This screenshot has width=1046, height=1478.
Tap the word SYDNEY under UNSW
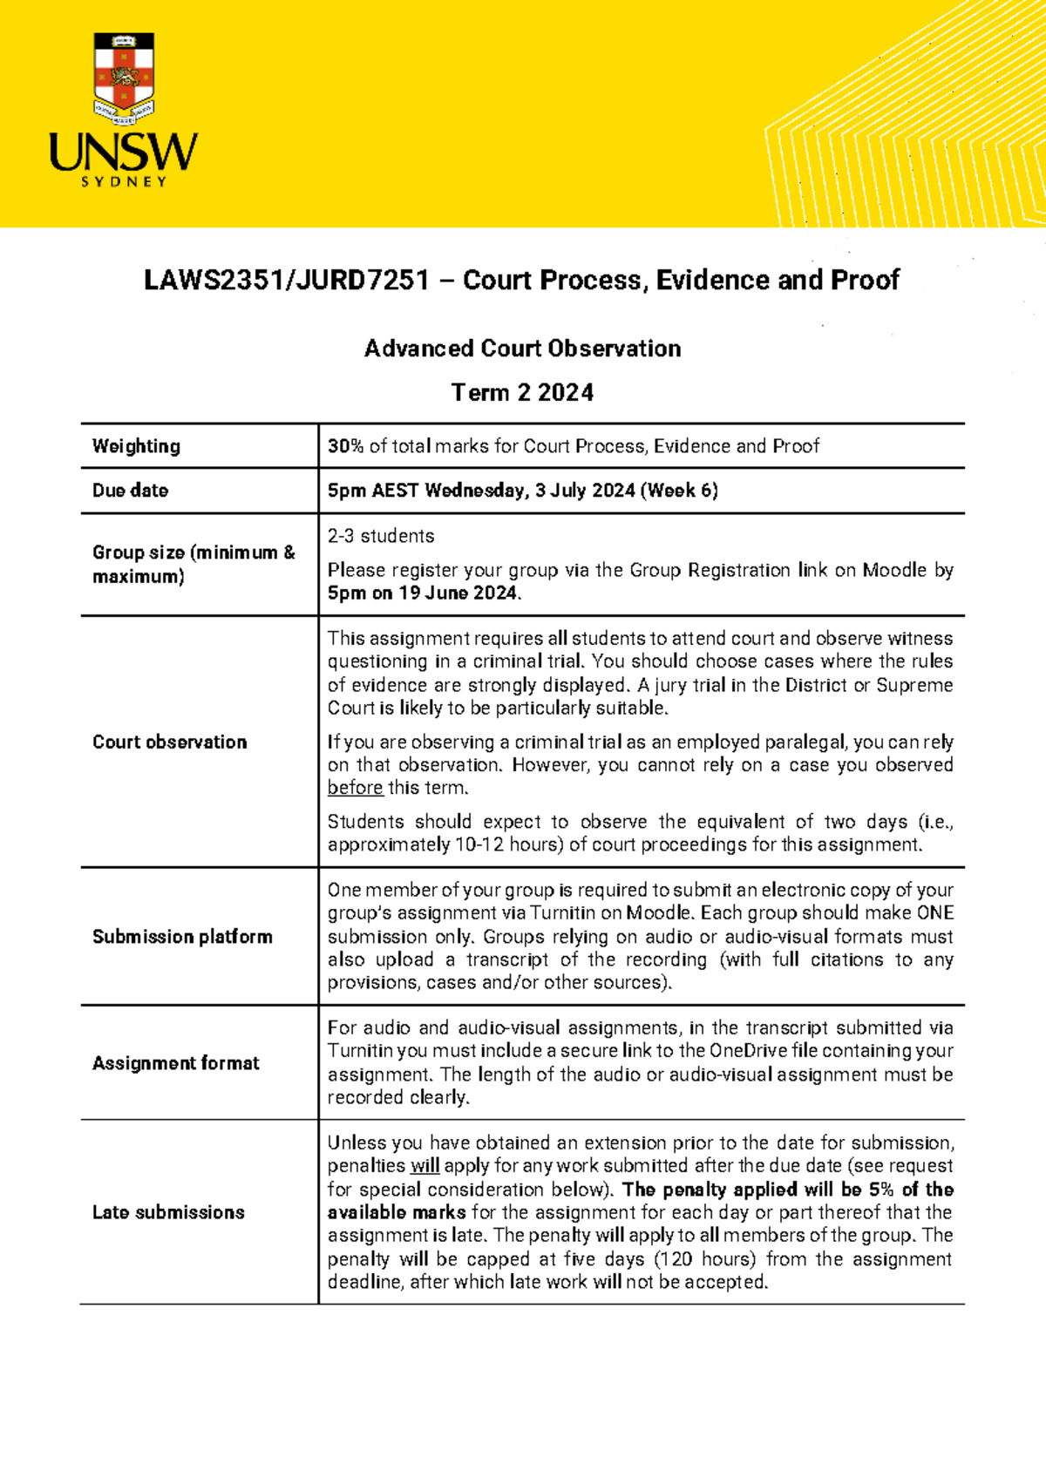124,182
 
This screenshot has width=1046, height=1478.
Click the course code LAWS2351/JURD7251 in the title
287,281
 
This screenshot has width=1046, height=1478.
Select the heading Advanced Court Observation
522,349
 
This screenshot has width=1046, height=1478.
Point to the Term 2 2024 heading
522,393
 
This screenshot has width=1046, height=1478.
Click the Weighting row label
136,446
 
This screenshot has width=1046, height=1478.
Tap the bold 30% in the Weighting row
345,446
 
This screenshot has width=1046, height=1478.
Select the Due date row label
130,491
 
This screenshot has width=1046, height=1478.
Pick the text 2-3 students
380,536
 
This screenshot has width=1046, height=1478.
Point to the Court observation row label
169,742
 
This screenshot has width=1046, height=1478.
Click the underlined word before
355,788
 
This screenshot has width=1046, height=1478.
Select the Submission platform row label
182,937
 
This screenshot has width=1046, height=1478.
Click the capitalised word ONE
934,913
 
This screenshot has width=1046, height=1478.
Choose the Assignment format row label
175,1063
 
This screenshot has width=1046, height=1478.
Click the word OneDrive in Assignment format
747,1051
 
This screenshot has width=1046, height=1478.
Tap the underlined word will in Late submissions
425,1166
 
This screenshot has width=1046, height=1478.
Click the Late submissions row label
168,1212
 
